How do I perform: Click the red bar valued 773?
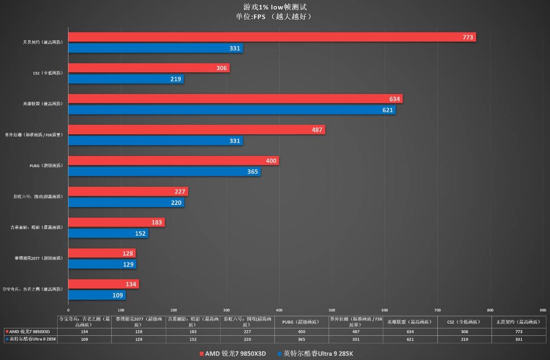pos(272,37)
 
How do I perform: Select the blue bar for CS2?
pos(126,79)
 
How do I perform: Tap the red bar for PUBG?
pos(173,161)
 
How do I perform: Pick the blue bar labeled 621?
pos(232,110)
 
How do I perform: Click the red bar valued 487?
pos(196,130)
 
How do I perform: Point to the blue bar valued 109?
pos(97,295)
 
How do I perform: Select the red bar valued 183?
pos(116,222)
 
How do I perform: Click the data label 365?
pos(252,172)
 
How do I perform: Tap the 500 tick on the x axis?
pos(332,310)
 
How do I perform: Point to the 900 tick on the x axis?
pos(543,310)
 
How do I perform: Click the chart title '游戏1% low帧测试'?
pos(275,7)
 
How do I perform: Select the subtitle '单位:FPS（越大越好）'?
pos(275,17)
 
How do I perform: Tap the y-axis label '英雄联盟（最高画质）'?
pos(42,104)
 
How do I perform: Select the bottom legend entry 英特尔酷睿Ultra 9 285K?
pos(315,354)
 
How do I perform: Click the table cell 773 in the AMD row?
pos(517,331)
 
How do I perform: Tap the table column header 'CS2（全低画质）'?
pos(463,322)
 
